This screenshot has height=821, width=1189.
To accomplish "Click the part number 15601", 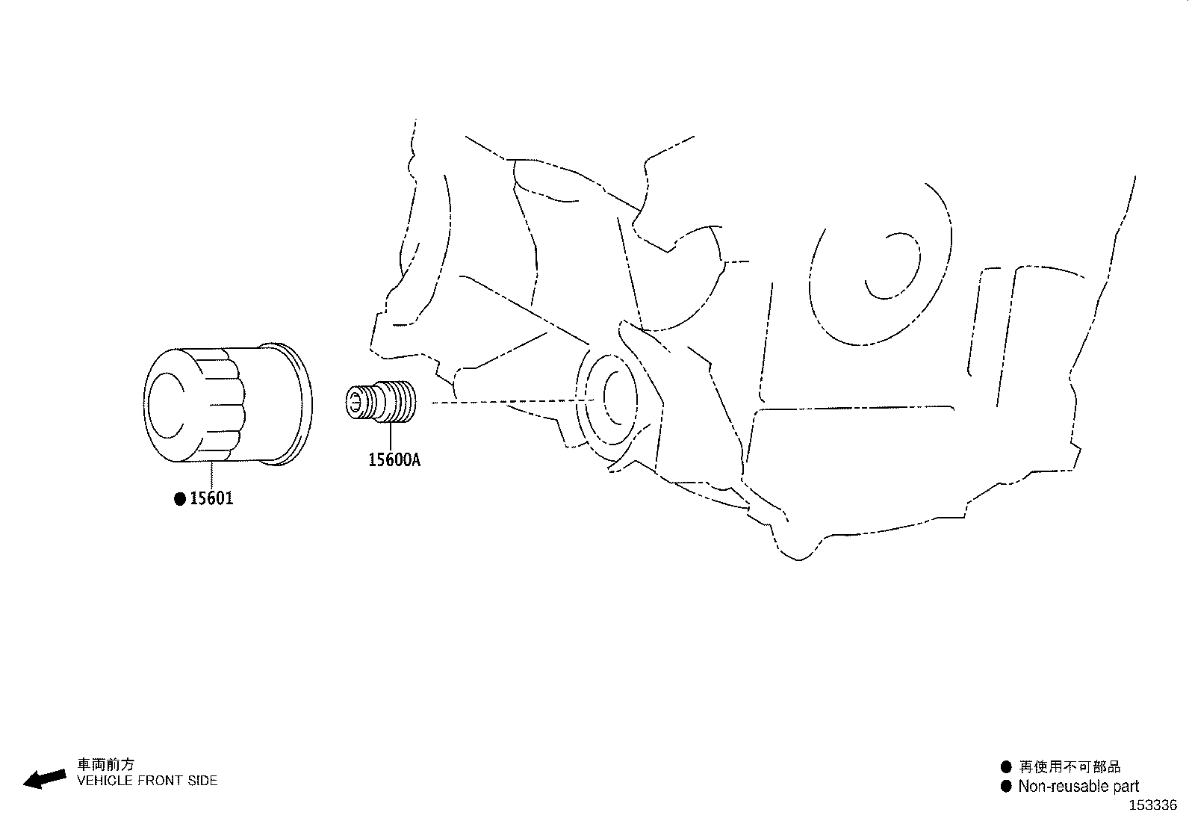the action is [211, 498].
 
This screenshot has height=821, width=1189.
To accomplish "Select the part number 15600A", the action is [394, 459].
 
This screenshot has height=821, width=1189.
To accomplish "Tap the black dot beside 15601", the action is [180, 499].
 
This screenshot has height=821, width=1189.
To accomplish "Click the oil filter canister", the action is [228, 404].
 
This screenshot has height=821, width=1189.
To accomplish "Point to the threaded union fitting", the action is [380, 401].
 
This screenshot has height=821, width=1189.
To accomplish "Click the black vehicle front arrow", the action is [45, 778].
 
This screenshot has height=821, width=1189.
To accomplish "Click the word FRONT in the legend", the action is [159, 781].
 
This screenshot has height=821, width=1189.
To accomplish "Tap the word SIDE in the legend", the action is [202, 781].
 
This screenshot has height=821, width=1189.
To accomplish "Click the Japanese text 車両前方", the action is [105, 764].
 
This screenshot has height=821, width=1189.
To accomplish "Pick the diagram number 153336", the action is [1153, 805].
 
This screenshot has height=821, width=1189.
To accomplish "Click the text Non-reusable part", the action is [1078, 786].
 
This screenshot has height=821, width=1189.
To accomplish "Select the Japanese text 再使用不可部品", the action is [1070, 766].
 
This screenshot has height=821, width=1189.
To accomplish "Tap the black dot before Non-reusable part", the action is [1006, 786].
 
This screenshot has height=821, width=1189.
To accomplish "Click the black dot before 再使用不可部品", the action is [1006, 766].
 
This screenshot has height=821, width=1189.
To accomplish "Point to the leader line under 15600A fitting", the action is [391, 436].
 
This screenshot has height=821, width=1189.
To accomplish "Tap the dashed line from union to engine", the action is [513, 401].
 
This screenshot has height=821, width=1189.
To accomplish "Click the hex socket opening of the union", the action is [355, 401].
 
